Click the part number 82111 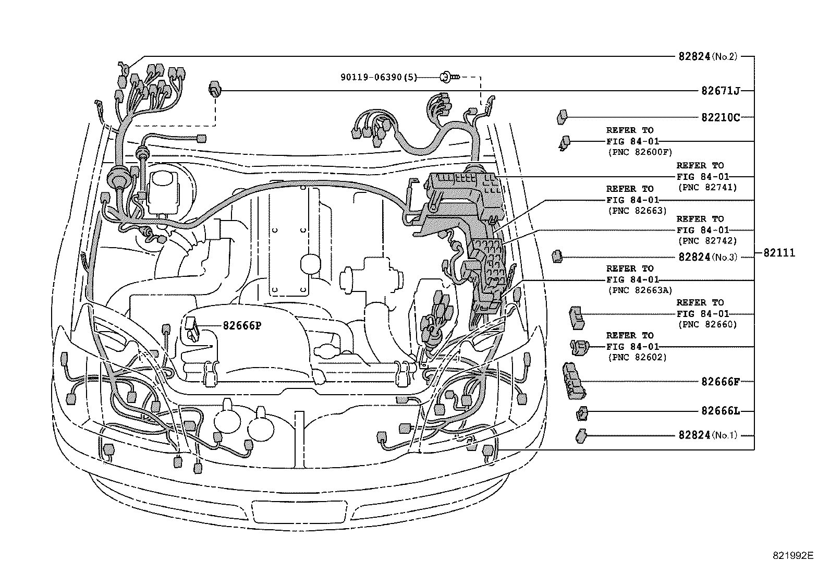(779, 253)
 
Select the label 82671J (721, 91)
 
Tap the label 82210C (721, 117)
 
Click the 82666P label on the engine (241, 325)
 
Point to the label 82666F (721, 381)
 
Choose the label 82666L (721, 411)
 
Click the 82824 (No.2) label (707, 56)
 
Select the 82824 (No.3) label (707, 257)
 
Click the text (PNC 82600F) (640, 152)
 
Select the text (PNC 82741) (707, 187)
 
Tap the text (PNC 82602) (637, 357)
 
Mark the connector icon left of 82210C (562, 117)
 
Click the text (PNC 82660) (707, 324)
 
